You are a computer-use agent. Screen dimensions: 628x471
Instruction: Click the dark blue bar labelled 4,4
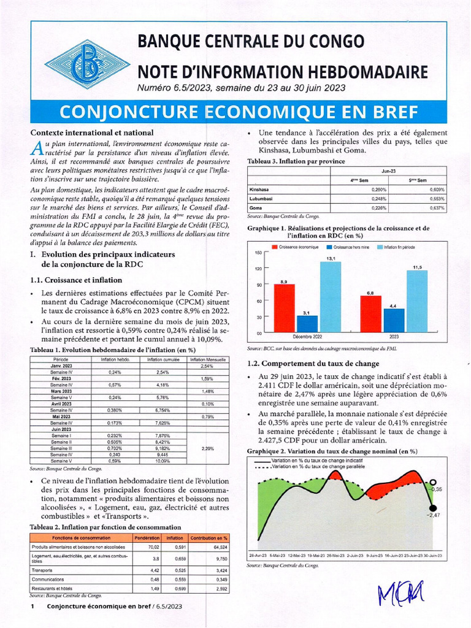coord(394,320)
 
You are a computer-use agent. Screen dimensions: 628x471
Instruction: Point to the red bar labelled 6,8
coord(370,313)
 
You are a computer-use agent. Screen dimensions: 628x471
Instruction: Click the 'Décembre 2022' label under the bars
coord(307,337)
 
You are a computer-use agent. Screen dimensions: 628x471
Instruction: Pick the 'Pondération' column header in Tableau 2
coord(146,538)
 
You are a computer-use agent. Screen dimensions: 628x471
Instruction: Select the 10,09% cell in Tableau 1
coord(162,461)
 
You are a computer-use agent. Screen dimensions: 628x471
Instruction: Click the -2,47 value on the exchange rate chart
coord(435,515)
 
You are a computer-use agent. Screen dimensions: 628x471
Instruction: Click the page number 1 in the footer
coord(32,606)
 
